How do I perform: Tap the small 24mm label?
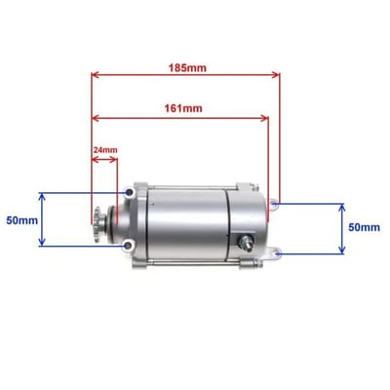click(104, 150)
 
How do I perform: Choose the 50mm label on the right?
click(364, 226)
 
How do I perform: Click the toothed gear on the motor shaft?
click(99, 219)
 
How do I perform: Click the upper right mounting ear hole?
click(278, 204)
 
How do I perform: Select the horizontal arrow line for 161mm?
click(180, 118)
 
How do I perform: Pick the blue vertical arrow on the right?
click(340, 228)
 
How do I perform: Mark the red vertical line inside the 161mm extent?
click(269, 156)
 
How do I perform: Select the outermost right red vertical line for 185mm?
click(281, 136)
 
